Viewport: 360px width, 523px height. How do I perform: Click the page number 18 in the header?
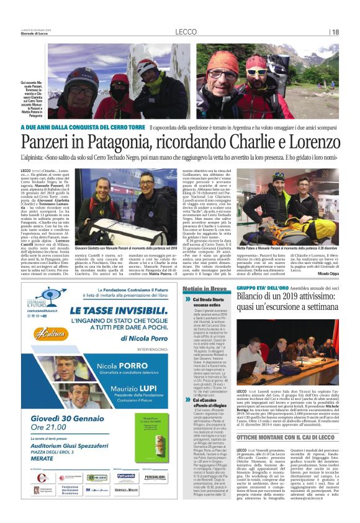(336, 32)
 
